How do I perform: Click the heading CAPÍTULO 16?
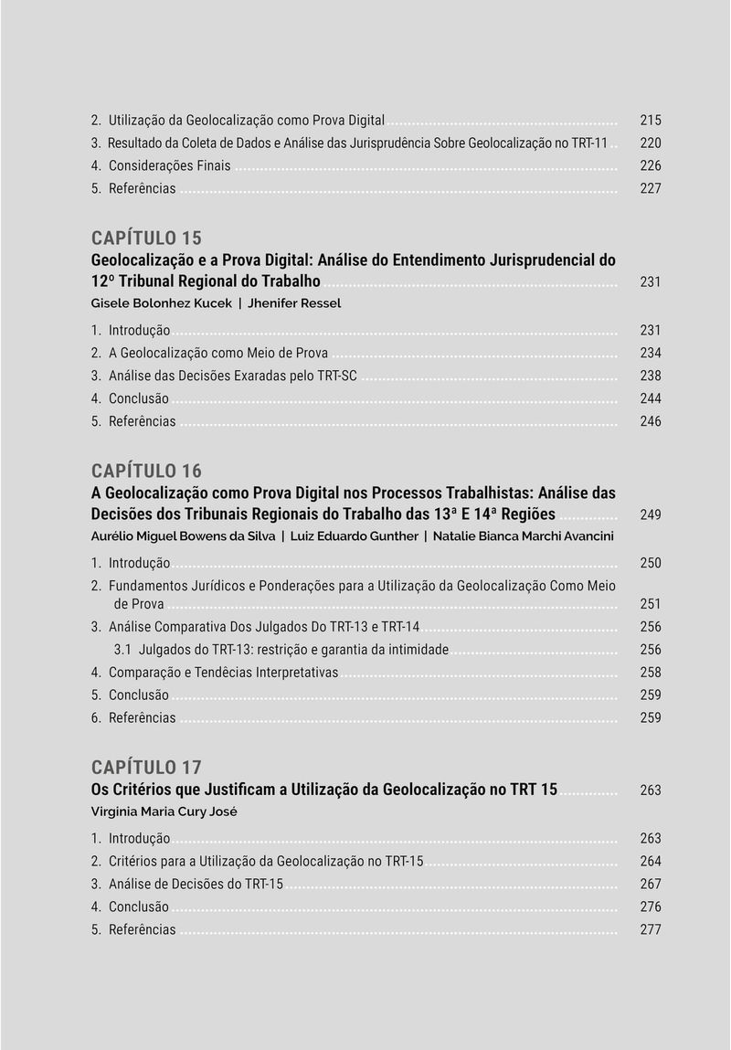pyautogui.click(x=146, y=471)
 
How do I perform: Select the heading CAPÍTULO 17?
pyautogui.click(x=146, y=767)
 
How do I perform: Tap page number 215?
pyautogui.click(x=650, y=121)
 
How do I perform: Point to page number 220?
pyautogui.click(x=650, y=143)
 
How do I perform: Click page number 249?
pyautogui.click(x=650, y=515)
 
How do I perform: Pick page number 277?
pyautogui.click(x=650, y=929)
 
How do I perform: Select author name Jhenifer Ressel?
pyautogui.click(x=294, y=303)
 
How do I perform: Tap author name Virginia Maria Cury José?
pyautogui.click(x=164, y=811)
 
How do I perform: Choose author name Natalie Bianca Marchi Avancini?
pyautogui.click(x=524, y=536)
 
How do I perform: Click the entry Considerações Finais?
pyautogui.click(x=169, y=166)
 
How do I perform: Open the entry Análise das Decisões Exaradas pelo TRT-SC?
pyautogui.click(x=232, y=376)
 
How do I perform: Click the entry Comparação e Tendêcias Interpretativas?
pyautogui.click(x=223, y=673)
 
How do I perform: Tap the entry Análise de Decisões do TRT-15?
pyautogui.click(x=196, y=884)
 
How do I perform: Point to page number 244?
pyautogui.click(x=650, y=398)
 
